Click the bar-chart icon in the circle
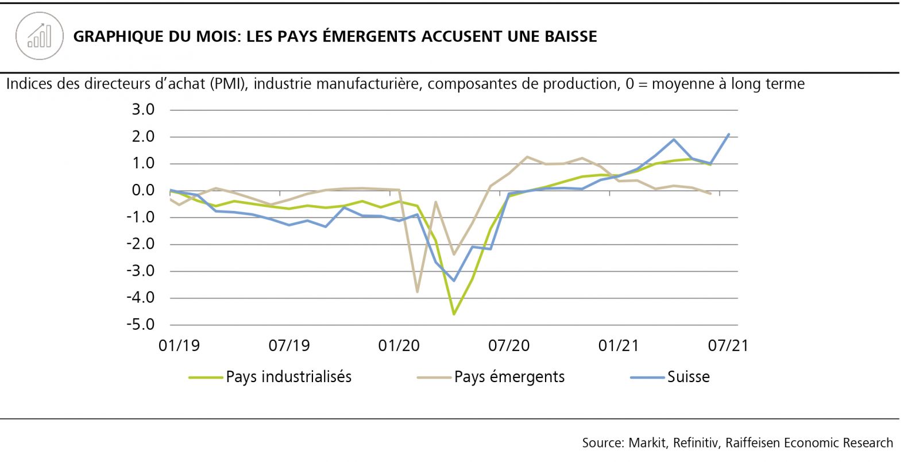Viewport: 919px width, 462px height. pyautogui.click(x=40, y=36)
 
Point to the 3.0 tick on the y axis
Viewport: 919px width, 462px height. pyautogui.click(x=143, y=110)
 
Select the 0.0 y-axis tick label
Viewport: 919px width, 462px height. pyautogui.click(x=143, y=190)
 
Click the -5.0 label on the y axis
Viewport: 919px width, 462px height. pyautogui.click(x=141, y=325)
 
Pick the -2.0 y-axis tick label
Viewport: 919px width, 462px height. pyautogui.click(x=141, y=244)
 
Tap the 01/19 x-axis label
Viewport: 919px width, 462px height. pyautogui.click(x=179, y=346)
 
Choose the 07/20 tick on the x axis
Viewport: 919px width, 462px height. pyautogui.click(x=509, y=346)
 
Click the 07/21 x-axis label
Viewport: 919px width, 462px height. pyautogui.click(x=728, y=346)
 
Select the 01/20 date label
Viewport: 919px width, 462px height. pyautogui.click(x=399, y=346)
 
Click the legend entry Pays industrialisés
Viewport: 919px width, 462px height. pyautogui.click(x=288, y=377)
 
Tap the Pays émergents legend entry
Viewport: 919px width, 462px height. pyautogui.click(x=509, y=377)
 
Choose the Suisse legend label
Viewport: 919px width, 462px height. pyautogui.click(x=688, y=377)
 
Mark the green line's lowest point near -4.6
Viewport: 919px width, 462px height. pyautogui.click(x=454, y=314)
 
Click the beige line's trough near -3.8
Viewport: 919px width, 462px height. pyautogui.click(x=417, y=292)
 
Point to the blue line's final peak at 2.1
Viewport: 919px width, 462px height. pyautogui.click(x=729, y=134)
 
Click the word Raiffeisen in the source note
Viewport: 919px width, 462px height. pyautogui.click(x=752, y=443)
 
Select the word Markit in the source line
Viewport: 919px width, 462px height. pyautogui.click(x=647, y=443)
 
